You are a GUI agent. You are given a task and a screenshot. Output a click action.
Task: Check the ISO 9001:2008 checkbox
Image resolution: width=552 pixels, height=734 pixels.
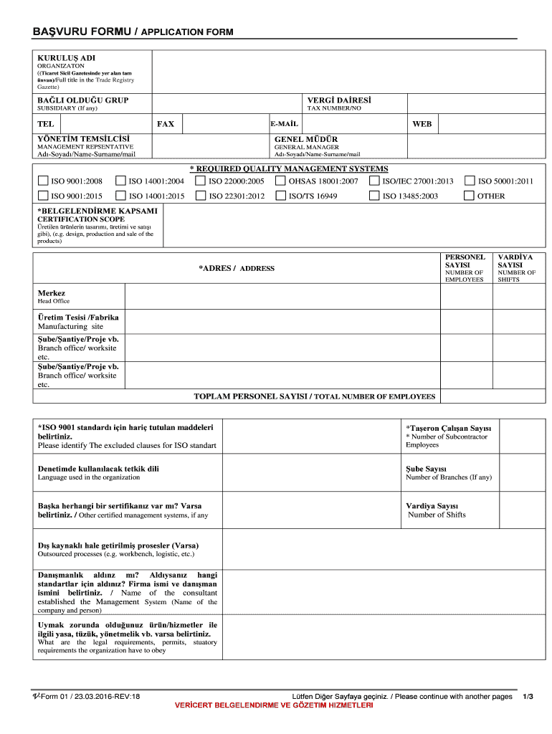43,181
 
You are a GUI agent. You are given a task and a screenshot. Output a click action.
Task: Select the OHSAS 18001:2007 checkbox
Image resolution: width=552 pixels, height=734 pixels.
280,181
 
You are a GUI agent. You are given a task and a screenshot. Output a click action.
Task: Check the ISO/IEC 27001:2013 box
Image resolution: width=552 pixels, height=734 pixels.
374,181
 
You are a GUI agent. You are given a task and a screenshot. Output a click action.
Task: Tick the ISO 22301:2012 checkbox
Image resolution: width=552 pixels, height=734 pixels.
201,196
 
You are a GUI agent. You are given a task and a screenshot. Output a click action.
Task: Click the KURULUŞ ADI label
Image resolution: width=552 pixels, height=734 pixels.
66,57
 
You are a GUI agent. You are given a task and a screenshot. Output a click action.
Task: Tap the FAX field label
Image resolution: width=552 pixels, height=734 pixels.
166,124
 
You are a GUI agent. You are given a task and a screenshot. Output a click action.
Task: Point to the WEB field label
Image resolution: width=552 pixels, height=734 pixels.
422,124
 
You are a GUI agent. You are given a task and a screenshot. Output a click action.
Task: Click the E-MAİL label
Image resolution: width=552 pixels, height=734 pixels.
285,124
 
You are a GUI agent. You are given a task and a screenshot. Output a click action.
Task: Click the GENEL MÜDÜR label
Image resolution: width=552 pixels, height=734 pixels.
306,139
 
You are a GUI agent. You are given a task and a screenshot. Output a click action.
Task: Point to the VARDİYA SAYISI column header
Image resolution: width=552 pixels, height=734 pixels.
516,261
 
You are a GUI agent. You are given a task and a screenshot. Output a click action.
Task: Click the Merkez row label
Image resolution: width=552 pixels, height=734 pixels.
52,293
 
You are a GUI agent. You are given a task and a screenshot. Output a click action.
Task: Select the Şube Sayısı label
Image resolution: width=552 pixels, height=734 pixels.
427,469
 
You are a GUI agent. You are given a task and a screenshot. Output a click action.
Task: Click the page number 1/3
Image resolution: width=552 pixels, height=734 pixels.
528,696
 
